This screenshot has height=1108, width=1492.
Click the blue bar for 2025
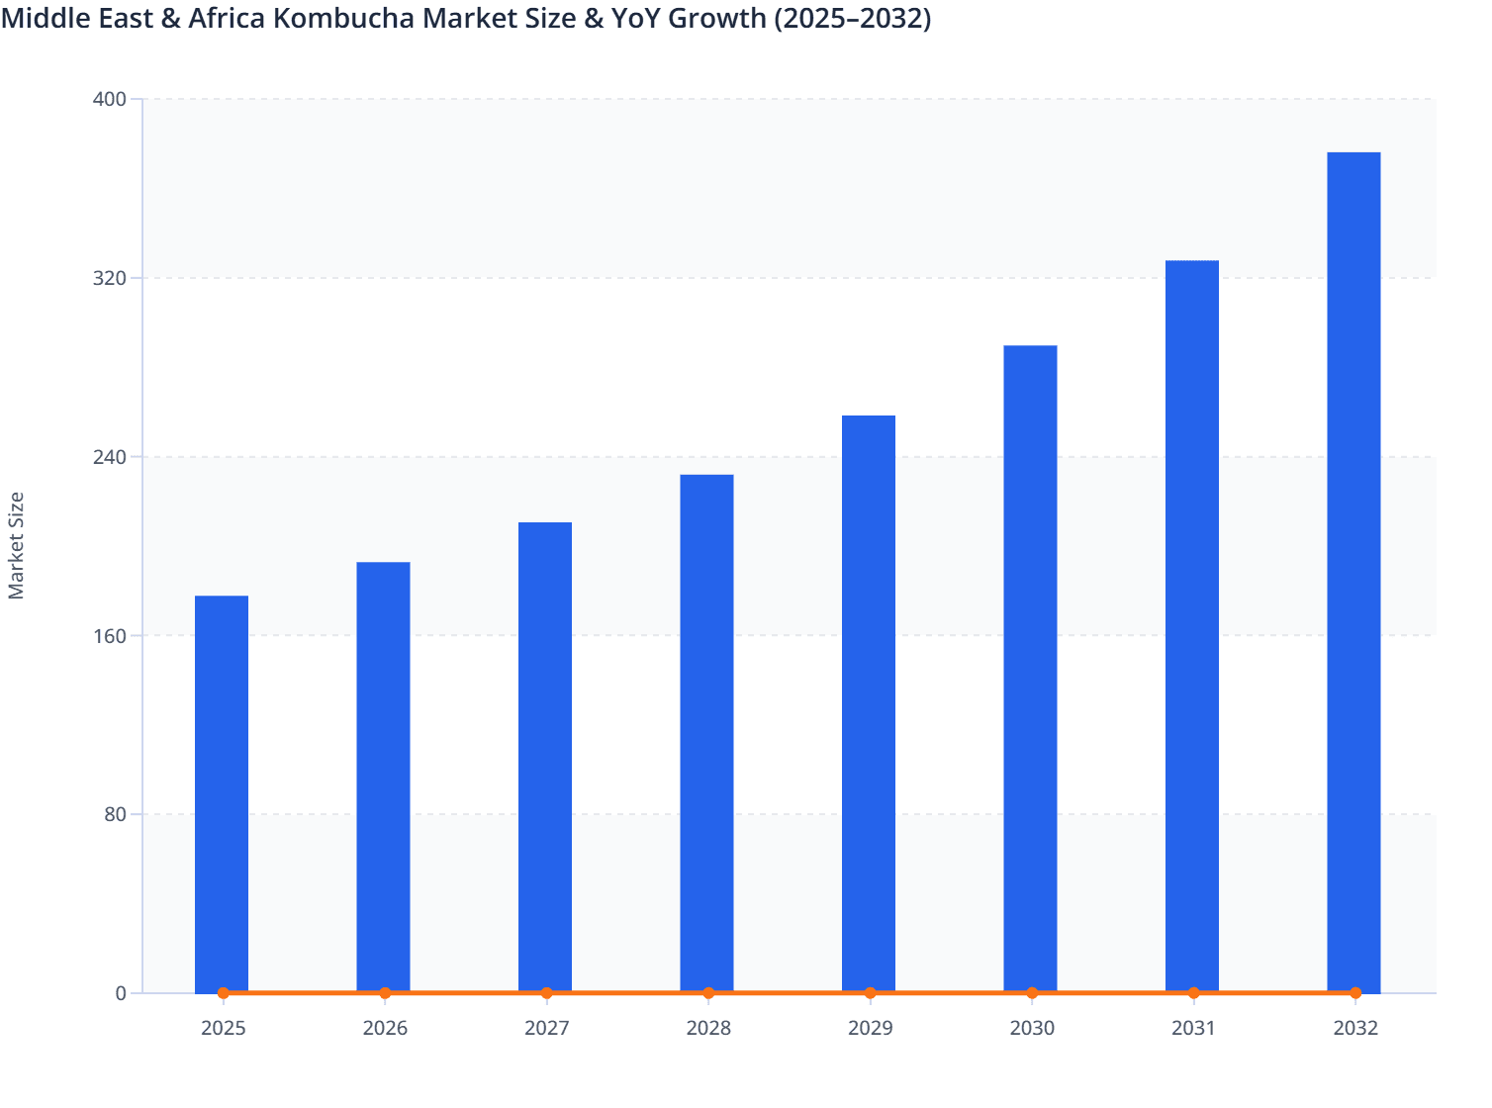click(x=222, y=791)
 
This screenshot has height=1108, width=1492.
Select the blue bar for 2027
click(x=545, y=757)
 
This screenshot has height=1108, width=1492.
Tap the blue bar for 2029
click(x=869, y=702)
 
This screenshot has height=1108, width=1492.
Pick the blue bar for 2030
click(x=1030, y=668)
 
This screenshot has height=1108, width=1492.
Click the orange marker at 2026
click(x=385, y=993)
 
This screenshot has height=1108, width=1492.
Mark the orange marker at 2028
click(x=708, y=993)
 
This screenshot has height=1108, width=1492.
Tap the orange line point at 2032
click(x=1355, y=993)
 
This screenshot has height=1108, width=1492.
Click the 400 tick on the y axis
click(x=110, y=99)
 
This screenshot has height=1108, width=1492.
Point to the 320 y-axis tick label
click(x=110, y=278)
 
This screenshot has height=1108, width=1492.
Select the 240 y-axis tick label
click(x=110, y=457)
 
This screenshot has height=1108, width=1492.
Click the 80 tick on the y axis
click(x=115, y=814)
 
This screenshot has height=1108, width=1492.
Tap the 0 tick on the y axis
click(x=121, y=993)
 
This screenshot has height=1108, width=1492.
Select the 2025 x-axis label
click(x=223, y=1028)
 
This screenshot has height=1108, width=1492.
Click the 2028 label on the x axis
click(x=708, y=1028)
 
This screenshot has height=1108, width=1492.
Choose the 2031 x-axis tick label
click(x=1193, y=1028)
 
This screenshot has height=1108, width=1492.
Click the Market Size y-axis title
click(x=17, y=545)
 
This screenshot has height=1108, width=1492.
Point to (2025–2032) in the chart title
click(x=852, y=18)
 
